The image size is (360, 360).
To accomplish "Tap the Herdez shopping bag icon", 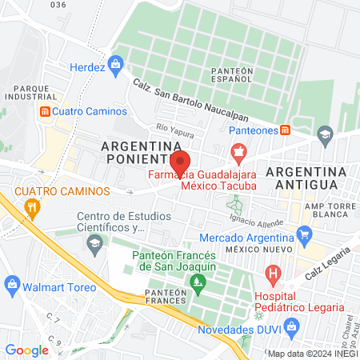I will pos(115,62).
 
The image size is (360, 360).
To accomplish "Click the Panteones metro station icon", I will pos(286,130).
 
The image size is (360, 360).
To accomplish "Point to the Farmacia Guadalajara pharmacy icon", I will pos(237,151).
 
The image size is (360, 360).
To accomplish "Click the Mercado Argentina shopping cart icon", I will pos(303,234).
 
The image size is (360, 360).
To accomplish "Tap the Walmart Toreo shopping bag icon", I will pos(12,284).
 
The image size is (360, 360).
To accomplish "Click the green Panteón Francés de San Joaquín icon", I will pos(197,282).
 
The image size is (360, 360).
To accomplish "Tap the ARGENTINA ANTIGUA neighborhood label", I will pos(307,178).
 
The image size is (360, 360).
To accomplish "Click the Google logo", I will pos(27,350).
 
